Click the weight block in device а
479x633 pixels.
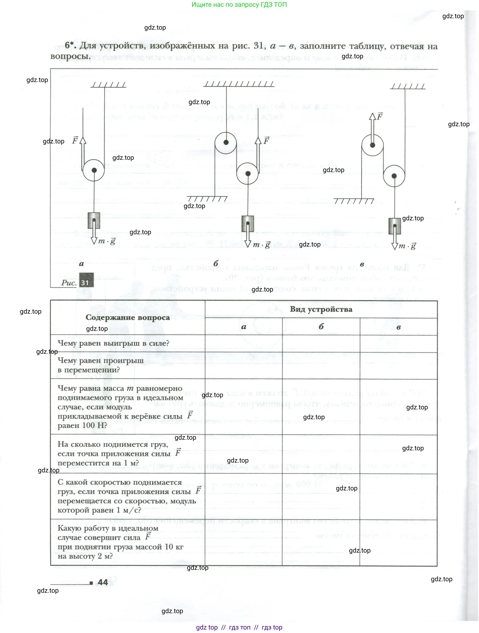[x=94, y=220]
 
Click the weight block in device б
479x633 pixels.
[x=248, y=223]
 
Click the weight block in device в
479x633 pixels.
[x=394, y=226]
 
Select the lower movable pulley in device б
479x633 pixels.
[x=248, y=174]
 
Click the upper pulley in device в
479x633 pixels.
[x=373, y=145]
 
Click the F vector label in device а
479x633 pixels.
[x=75, y=140]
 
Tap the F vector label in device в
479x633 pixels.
[x=380, y=116]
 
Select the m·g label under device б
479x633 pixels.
[x=261, y=245]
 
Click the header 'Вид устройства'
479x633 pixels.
[x=321, y=309]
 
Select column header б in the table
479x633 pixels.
[x=321, y=327]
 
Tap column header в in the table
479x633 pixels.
[x=399, y=327]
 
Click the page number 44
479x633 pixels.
[x=103, y=582]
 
